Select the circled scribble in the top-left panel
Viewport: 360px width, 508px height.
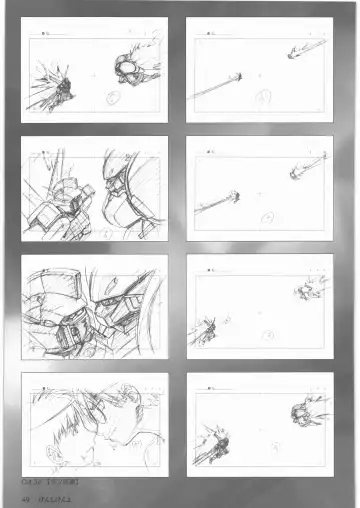[112, 98]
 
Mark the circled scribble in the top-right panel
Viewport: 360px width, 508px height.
[262, 98]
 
